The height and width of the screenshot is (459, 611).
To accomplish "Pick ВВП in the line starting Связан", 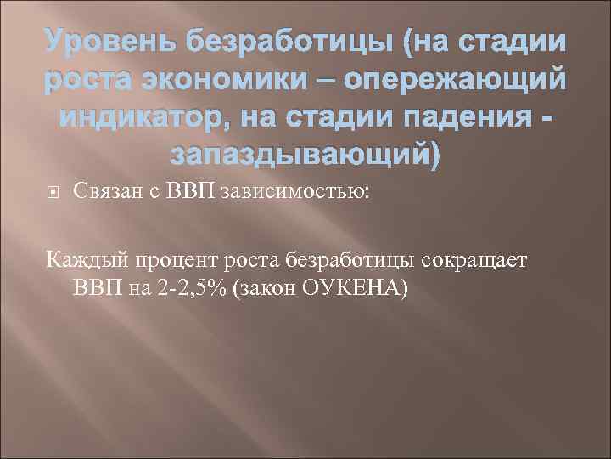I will (187, 194).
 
